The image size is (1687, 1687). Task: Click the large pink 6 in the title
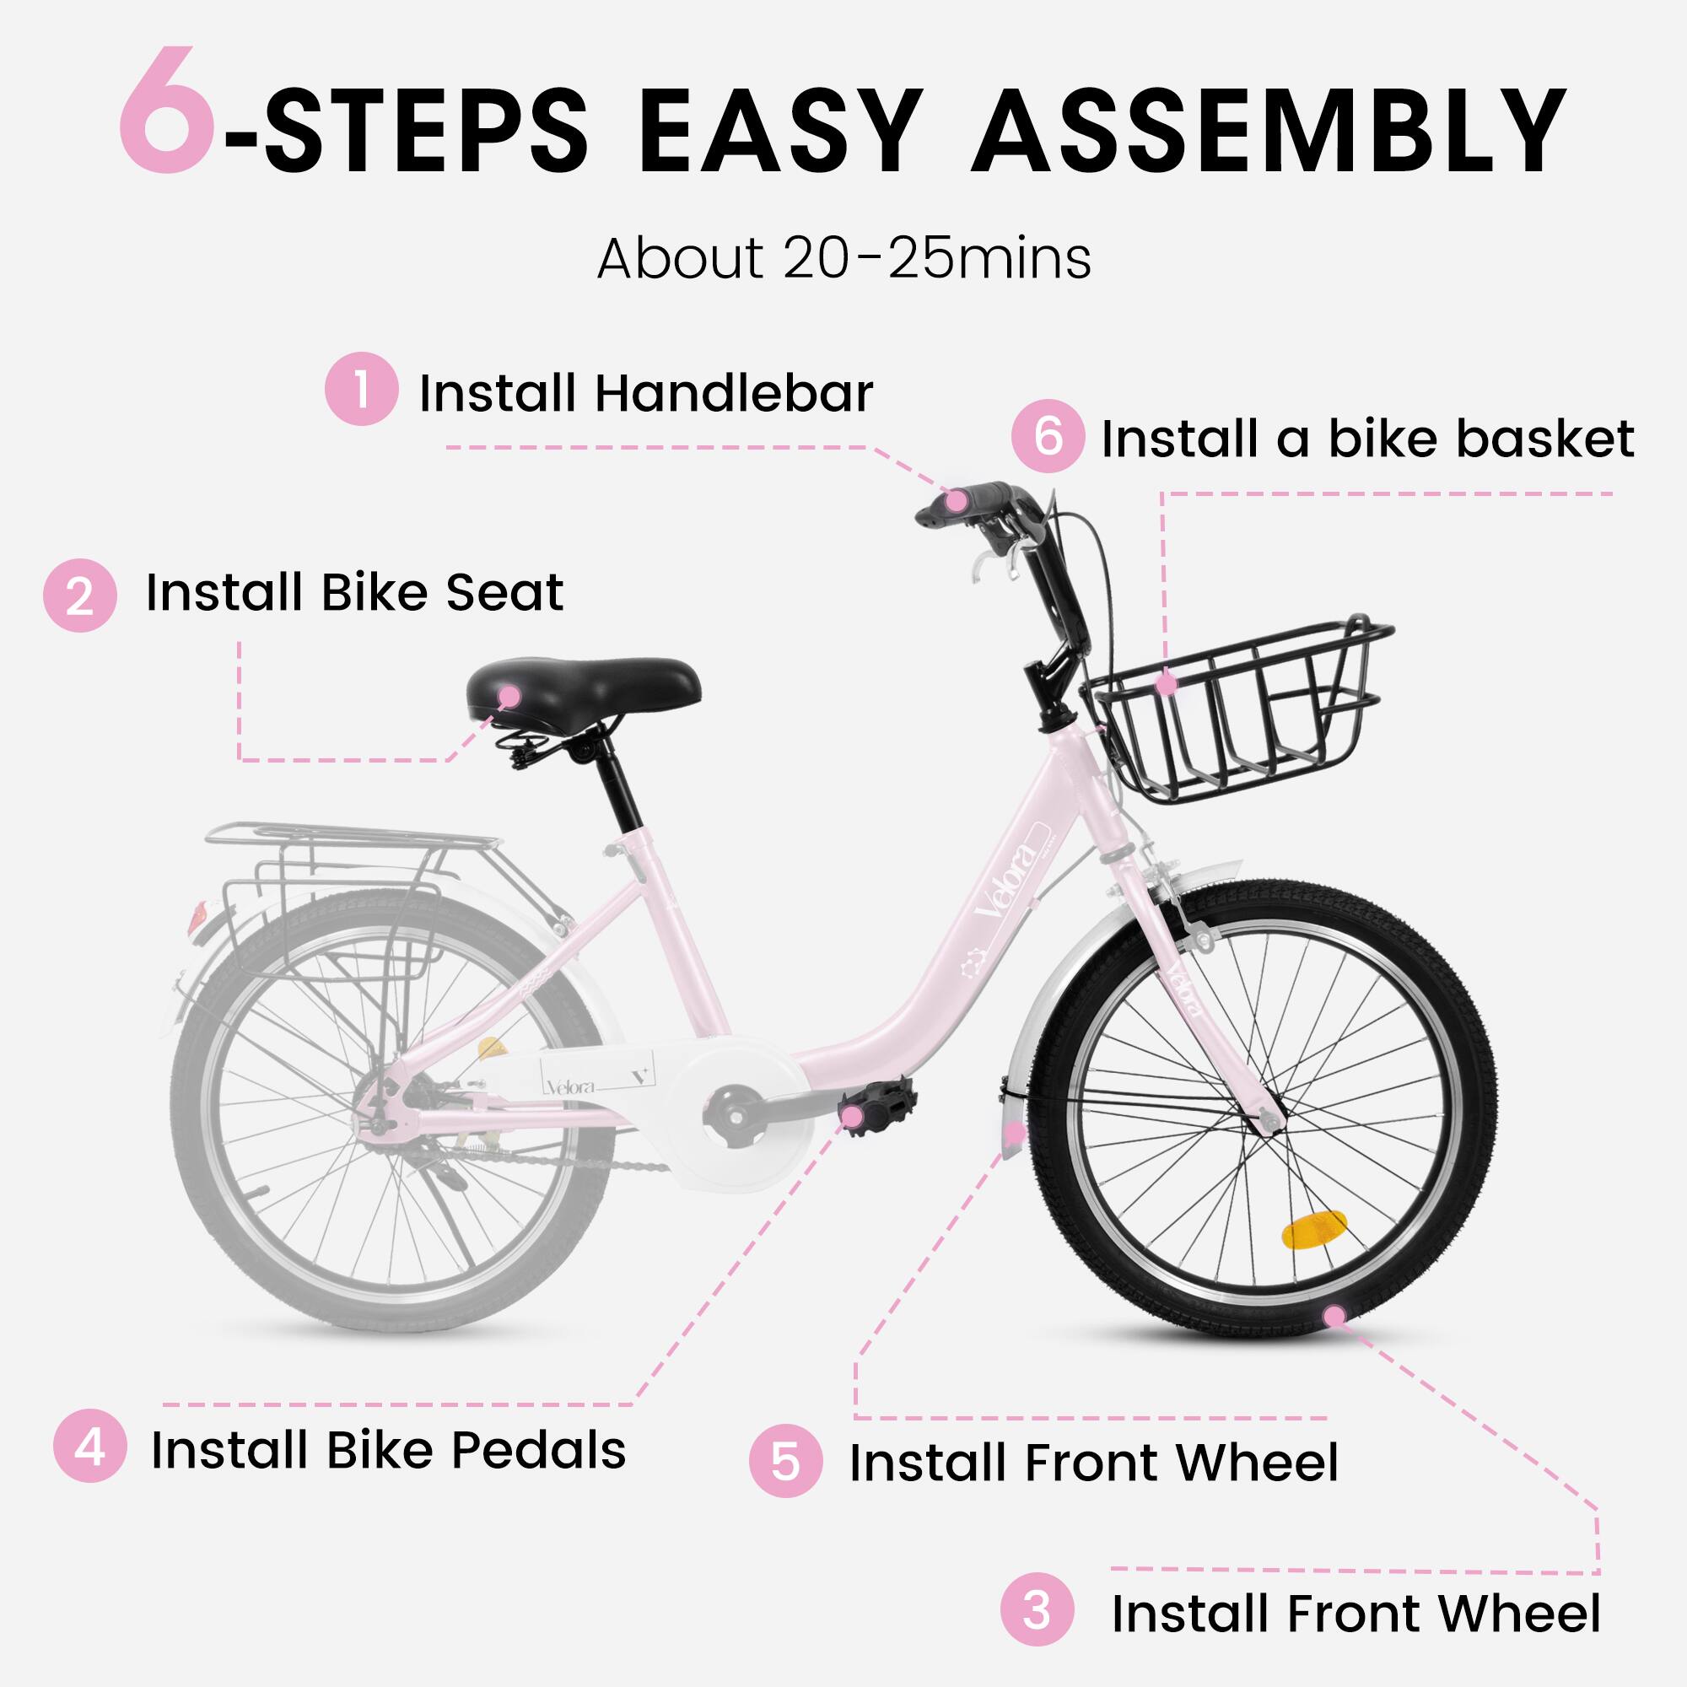[166, 112]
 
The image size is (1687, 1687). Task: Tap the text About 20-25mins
[843, 259]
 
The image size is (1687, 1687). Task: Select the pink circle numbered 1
[362, 389]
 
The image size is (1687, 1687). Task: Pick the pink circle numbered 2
[79, 596]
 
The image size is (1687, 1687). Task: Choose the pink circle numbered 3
[1037, 1610]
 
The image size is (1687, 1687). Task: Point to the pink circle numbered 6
[1048, 436]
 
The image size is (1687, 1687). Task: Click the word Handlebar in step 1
[734, 394]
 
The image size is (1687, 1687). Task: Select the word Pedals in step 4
[539, 1450]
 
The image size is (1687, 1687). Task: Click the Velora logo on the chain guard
[572, 1086]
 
